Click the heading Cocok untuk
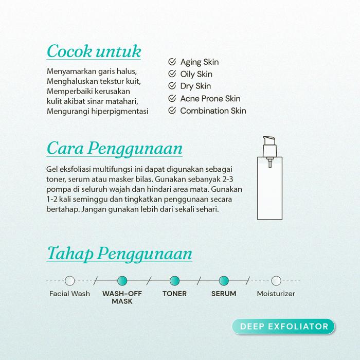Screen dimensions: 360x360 94,51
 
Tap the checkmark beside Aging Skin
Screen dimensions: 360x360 172,62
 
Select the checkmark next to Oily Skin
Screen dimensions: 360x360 172,74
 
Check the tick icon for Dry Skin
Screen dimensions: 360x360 172,86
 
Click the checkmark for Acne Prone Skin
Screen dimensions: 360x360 172,98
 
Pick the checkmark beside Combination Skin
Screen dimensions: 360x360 172,111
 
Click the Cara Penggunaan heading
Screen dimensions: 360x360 114,148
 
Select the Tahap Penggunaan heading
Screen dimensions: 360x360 119,254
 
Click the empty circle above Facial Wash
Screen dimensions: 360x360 70,281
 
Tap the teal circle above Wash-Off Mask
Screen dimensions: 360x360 122,281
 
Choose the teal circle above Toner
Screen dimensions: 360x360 174,281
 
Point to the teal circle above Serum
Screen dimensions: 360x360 223,281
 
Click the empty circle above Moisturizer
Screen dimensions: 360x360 276,281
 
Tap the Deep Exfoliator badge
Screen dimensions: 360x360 283,326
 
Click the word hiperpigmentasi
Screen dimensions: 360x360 121,111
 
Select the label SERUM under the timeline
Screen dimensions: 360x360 224,294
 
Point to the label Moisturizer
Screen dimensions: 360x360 276,294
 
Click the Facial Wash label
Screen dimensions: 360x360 69,294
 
